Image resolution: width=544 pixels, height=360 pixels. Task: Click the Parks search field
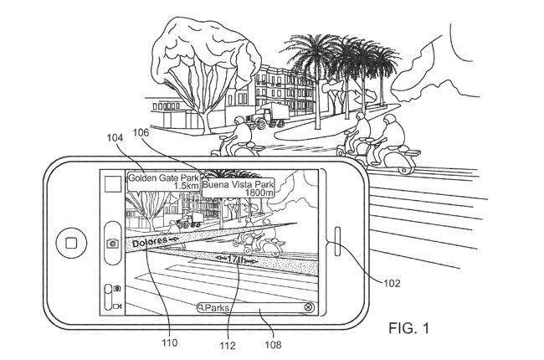(x=251, y=307)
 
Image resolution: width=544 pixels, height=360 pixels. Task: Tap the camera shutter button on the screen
(x=111, y=241)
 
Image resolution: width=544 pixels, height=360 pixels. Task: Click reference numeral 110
(x=174, y=342)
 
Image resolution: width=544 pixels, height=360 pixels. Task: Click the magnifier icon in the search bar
(x=201, y=307)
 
